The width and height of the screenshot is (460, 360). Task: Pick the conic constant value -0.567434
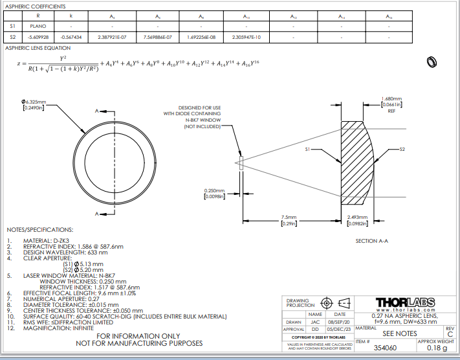[71, 38]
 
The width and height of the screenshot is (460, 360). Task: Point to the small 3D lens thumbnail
[431, 62]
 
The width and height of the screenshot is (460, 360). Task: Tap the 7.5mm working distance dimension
[289, 217]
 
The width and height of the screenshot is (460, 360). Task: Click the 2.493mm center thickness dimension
[358, 217]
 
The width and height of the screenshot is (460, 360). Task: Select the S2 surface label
[402, 150]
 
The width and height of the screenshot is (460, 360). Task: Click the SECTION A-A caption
[371, 241]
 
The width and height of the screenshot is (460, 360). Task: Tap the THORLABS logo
[405, 302]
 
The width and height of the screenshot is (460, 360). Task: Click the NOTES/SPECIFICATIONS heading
[39, 230]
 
